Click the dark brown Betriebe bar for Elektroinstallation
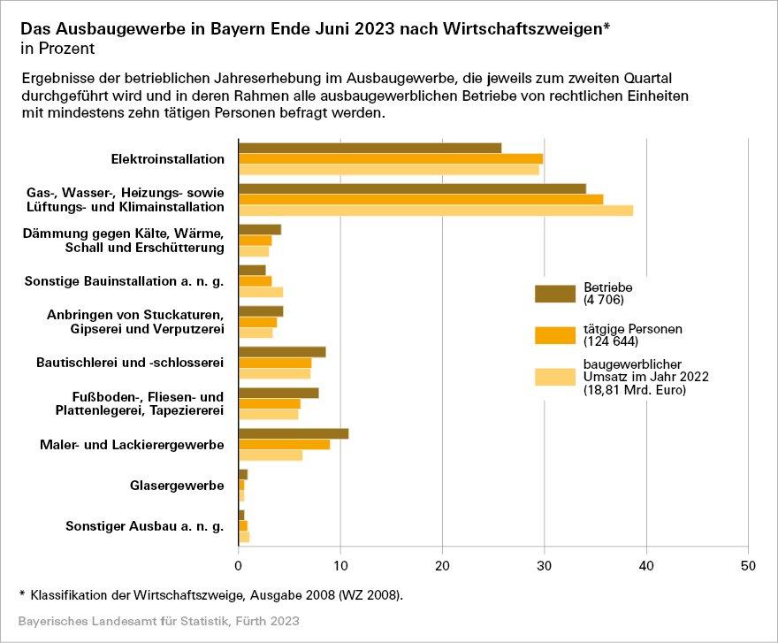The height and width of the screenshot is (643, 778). pos(370,148)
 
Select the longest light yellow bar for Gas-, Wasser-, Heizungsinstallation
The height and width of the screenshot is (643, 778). pos(436,211)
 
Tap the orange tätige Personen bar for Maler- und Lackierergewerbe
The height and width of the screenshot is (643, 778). pos(284,444)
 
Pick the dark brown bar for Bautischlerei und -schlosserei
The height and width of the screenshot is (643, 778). pos(282,352)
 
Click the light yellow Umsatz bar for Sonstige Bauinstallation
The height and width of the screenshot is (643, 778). pos(261,292)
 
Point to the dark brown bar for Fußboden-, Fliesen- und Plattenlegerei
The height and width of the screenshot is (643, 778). pos(278,393)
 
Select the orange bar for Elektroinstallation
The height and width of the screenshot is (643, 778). pos(391,159)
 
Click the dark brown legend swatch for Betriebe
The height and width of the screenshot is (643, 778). pos(555,294)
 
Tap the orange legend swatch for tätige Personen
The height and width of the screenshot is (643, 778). pos(555,335)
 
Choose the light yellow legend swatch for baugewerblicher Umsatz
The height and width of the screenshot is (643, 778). pos(555,378)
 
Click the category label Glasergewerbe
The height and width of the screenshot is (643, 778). pos(177,486)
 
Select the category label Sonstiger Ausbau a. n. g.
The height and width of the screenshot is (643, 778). pos(145,526)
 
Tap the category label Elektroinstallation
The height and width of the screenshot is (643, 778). pos(167,159)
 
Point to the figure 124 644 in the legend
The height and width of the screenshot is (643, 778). pos(610,341)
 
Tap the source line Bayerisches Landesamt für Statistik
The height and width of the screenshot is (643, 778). pos(158,622)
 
